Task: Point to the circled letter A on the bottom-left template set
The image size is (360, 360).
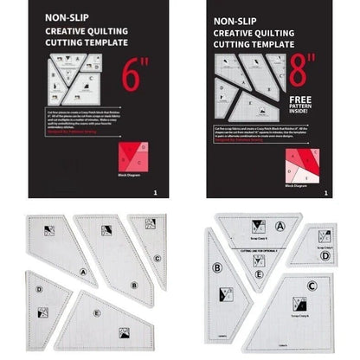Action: (83, 271)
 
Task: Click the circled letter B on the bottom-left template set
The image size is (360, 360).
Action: (134, 285)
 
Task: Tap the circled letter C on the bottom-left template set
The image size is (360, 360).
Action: (157, 258)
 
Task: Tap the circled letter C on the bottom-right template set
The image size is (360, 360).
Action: (312, 284)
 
